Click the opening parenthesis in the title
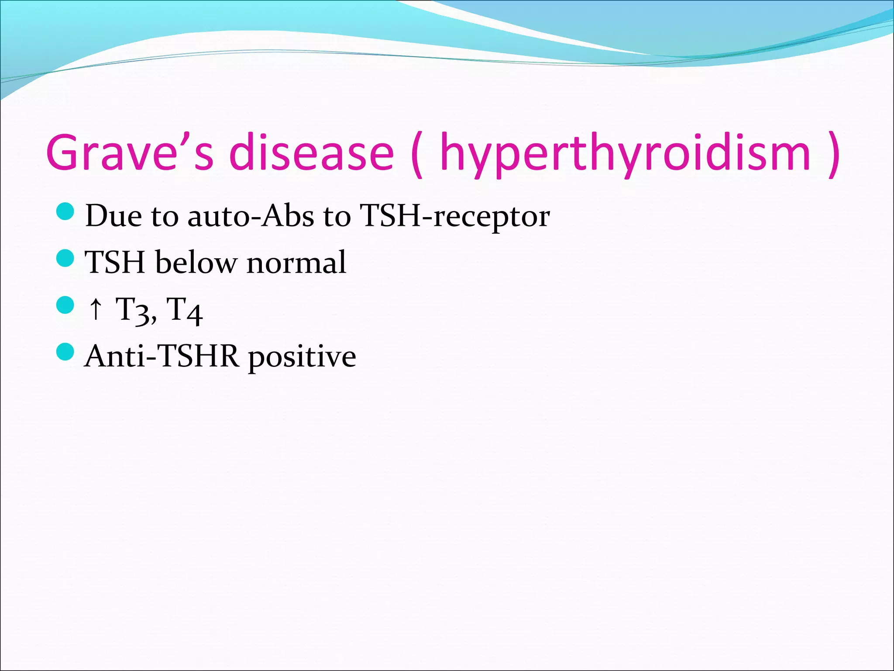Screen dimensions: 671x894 click(417, 154)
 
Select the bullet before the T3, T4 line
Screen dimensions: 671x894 click(65, 305)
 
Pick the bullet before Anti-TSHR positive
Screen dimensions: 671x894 click(65, 352)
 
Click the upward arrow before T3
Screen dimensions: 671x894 click(96, 309)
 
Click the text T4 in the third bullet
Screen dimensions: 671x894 click(185, 310)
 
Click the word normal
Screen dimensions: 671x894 click(296, 263)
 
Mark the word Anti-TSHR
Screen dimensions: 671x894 click(162, 356)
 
